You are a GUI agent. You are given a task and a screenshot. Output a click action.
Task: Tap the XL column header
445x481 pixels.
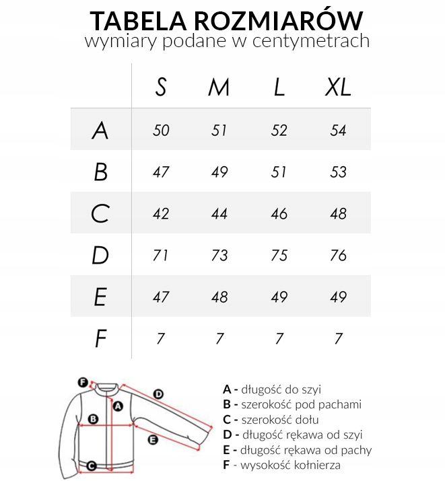coord(338,87)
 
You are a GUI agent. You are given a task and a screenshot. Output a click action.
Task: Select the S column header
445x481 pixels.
coord(160,87)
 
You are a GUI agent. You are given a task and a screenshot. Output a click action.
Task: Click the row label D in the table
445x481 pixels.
coord(100,255)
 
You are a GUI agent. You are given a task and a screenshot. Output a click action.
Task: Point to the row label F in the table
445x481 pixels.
coord(100,338)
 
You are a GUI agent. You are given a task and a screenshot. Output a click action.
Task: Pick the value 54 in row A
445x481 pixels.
coord(338,130)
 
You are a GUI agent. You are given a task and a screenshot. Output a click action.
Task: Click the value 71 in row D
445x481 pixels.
coord(160,255)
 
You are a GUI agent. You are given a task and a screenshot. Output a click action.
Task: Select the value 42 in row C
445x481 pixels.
coord(160,213)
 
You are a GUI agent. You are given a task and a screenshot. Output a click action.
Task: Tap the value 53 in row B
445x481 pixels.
coord(338,172)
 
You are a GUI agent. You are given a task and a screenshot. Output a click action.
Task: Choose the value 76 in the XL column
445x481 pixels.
coord(338,255)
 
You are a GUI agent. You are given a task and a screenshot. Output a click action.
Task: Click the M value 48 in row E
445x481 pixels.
coord(219,297)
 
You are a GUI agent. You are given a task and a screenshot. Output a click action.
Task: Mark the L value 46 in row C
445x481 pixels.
coord(279,213)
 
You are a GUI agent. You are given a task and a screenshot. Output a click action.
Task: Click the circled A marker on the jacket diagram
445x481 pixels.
coord(117,406)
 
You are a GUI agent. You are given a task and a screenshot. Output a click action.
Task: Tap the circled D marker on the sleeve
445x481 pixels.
coord(159,394)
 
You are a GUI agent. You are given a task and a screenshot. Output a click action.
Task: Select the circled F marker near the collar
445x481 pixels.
coord(83,381)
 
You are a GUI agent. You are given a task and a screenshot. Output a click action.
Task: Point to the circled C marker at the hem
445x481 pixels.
coord(92,465)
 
